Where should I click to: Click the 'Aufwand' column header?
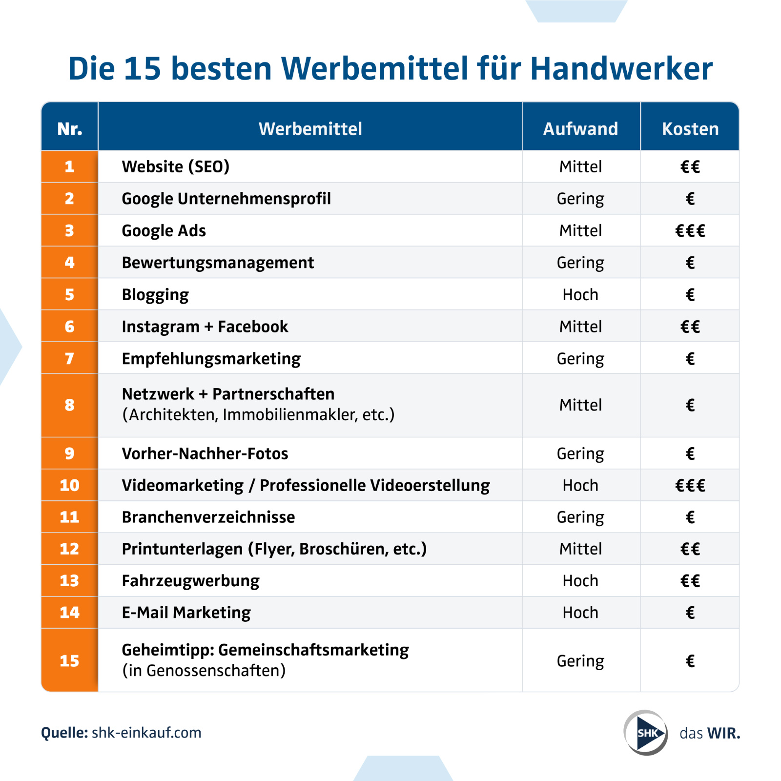pos(580,129)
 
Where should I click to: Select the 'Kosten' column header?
pos(690,129)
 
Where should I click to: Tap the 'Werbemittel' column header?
pos(310,129)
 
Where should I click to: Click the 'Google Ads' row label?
pos(164,230)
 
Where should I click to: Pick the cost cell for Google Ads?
pos(690,230)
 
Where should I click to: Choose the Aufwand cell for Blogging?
pos(580,294)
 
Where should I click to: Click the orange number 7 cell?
pos(69,358)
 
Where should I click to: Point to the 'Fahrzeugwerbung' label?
pos(190,580)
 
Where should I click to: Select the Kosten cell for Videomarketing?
pos(690,485)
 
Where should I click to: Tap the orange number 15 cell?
pos(69,660)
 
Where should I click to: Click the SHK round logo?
pos(646,733)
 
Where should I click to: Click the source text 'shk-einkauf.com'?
pos(146,733)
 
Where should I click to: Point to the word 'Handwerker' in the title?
pos(621,68)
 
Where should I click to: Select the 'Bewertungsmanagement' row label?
pos(218,263)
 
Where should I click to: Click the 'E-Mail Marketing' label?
pos(186,612)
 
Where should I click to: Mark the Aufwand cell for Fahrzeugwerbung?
pos(580,580)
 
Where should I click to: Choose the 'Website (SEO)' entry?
pos(176,166)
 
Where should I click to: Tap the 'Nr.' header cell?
pos(69,129)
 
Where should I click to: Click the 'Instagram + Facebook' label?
pos(205,327)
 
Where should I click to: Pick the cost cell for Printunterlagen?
pos(690,549)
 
